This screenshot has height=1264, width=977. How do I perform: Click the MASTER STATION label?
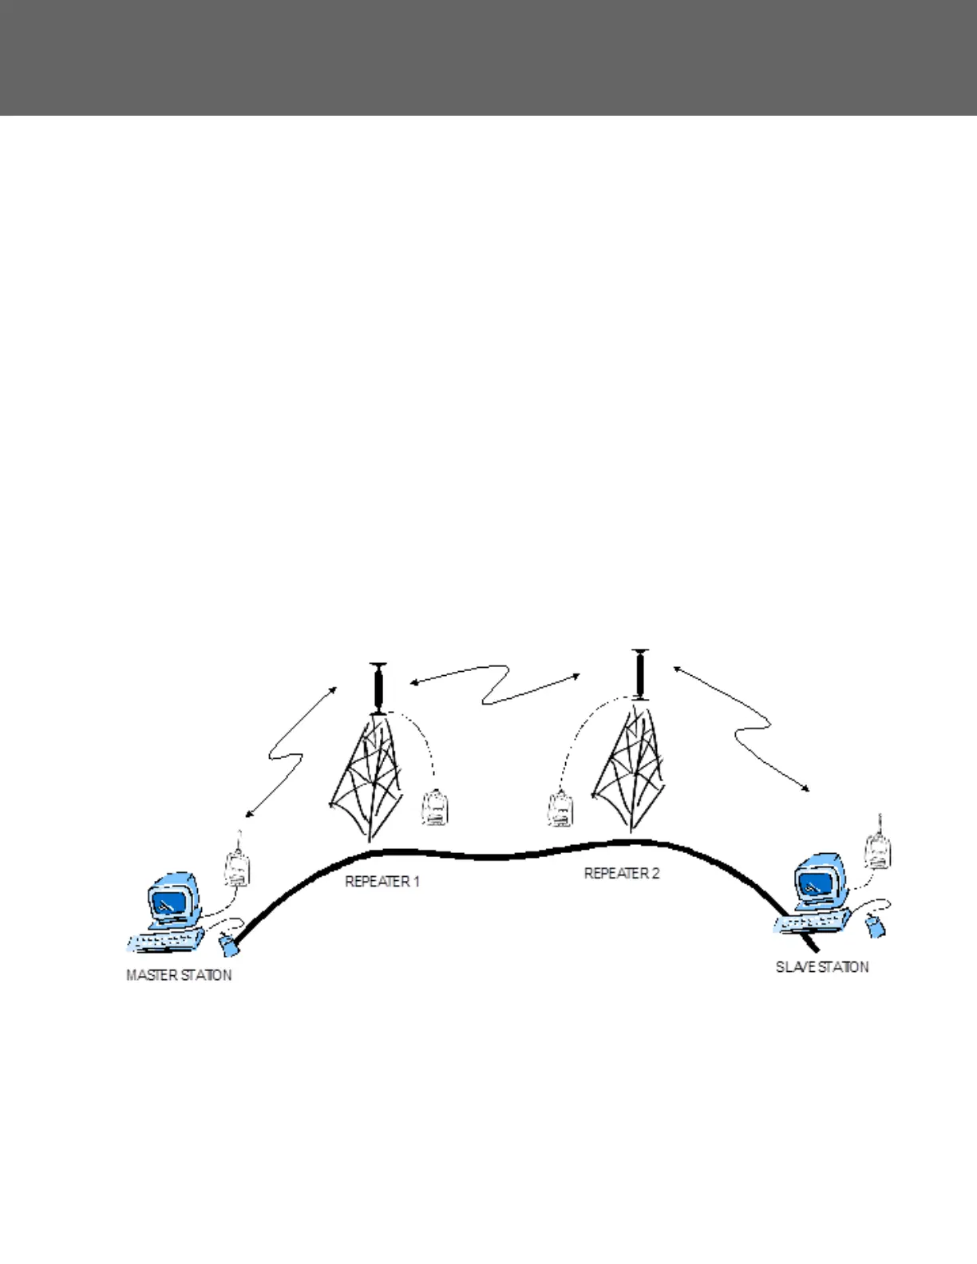179,975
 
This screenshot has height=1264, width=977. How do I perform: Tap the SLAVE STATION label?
822,967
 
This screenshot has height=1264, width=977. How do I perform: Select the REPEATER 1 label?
382,882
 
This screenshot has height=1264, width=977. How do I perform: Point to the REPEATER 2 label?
622,873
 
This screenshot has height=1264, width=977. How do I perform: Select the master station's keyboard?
164,942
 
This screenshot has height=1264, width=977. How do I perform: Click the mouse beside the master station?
229,946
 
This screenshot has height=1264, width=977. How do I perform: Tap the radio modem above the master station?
236,867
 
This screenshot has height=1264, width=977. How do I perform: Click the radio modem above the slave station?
879,851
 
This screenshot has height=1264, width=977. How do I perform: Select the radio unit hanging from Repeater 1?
435,807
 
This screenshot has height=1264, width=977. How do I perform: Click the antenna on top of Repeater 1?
378,688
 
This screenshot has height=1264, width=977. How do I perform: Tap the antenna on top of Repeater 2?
639,674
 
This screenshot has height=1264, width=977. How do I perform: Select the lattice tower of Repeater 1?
370,774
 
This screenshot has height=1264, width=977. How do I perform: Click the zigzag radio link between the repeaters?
496,684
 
